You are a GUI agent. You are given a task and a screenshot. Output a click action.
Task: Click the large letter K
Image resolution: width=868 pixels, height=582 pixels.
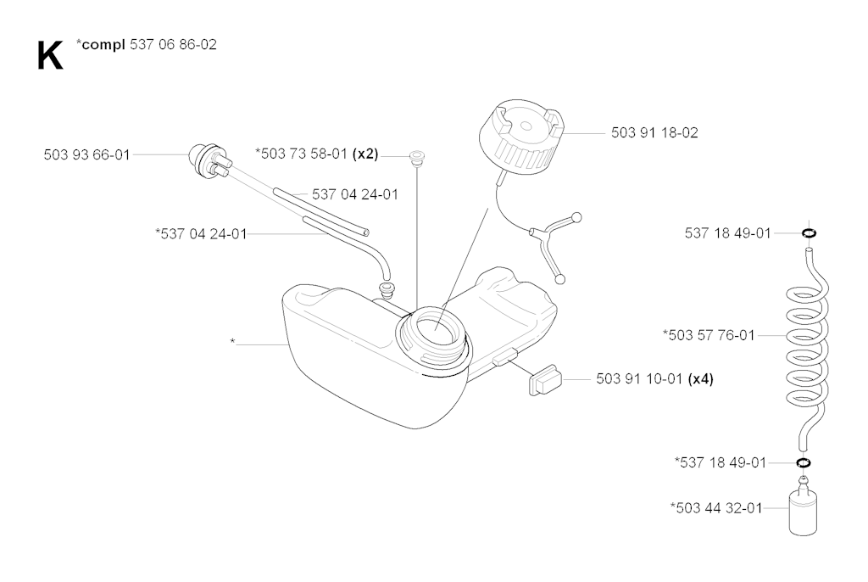click(50, 55)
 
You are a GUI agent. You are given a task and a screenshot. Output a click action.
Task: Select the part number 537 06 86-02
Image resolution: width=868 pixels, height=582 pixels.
click(173, 44)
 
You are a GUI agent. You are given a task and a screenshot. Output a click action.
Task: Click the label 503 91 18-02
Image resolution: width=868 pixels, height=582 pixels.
click(654, 133)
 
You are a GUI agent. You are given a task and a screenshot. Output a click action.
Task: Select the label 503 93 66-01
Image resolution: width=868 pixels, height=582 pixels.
click(87, 154)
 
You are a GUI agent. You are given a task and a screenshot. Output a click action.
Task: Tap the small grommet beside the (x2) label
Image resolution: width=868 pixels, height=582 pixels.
click(416, 156)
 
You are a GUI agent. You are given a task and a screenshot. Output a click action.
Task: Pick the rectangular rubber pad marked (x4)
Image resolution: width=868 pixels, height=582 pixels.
click(545, 379)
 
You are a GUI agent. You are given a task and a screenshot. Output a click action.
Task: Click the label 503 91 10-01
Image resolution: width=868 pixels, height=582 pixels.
click(639, 379)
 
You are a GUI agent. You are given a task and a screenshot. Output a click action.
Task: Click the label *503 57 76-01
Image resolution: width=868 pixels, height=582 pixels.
click(709, 335)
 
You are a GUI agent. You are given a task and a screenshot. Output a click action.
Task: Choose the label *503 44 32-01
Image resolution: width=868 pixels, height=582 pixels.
click(716, 508)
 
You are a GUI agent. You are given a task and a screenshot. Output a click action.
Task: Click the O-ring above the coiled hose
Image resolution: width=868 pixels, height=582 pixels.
click(809, 232)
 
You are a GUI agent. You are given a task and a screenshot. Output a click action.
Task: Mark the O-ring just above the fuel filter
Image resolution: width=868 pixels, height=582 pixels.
click(804, 462)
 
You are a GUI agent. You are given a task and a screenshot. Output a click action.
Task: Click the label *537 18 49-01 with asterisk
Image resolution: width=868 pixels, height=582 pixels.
click(721, 462)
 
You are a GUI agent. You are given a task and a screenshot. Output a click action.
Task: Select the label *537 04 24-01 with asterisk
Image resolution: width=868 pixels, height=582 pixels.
click(201, 234)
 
